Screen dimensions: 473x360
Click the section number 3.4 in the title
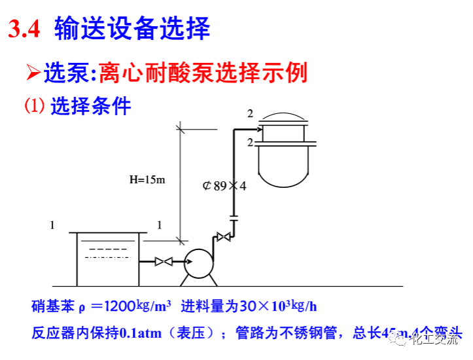click(x=26, y=29)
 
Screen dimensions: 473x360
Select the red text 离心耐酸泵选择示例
click(x=203, y=73)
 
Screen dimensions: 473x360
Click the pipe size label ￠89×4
click(x=224, y=186)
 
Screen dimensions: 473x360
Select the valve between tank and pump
click(x=163, y=262)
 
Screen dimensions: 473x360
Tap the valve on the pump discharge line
click(x=224, y=237)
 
